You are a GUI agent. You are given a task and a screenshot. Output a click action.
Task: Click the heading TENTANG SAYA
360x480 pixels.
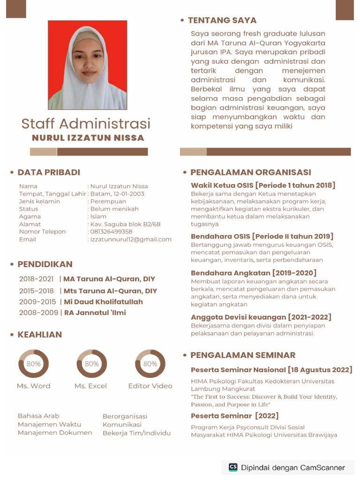click(x=222, y=20)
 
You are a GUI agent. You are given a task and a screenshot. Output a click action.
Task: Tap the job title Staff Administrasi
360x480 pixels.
click(x=86, y=124)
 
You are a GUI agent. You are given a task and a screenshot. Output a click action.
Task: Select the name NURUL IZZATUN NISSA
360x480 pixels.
click(x=88, y=138)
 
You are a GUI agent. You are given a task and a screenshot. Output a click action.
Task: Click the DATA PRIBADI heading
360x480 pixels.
click(x=49, y=172)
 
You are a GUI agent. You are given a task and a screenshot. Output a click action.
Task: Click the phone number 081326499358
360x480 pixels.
click(x=111, y=232)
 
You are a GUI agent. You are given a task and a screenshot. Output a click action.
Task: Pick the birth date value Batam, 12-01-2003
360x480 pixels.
click(x=117, y=194)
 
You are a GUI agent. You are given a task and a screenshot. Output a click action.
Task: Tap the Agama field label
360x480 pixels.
click(x=30, y=217)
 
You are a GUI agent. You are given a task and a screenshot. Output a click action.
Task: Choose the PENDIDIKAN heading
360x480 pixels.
click(x=45, y=264)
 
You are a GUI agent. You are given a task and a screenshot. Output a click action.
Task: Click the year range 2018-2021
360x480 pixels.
click(x=36, y=279)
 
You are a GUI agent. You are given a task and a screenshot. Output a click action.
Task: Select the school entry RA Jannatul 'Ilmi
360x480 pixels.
click(x=95, y=313)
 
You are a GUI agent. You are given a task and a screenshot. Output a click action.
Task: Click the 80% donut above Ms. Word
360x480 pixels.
click(x=33, y=364)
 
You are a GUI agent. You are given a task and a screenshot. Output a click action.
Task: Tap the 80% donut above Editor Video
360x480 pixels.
click(x=150, y=364)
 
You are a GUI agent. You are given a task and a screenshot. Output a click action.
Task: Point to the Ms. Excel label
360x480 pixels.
click(x=90, y=386)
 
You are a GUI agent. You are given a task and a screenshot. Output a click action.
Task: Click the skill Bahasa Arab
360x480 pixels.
click(x=38, y=416)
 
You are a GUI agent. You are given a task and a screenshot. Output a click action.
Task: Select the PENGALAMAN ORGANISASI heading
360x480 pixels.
click(x=250, y=172)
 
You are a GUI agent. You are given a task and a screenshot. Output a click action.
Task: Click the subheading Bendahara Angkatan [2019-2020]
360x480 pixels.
click(x=254, y=273)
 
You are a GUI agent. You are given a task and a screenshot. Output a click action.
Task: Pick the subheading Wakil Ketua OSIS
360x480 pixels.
click(x=222, y=185)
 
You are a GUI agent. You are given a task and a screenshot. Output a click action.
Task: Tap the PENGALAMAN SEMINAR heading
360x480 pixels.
click(x=243, y=355)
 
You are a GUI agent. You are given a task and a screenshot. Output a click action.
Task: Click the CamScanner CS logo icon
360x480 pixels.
click(x=233, y=467)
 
